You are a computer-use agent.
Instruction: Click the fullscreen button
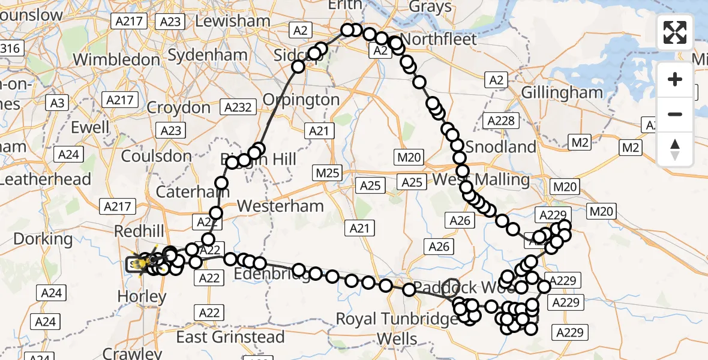point(675,32)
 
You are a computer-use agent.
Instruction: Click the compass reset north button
point(675,149)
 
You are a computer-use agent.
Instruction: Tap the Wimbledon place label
point(116,60)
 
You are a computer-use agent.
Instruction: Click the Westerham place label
point(280,206)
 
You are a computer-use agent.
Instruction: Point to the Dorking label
point(43,239)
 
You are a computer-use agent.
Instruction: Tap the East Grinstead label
point(230,337)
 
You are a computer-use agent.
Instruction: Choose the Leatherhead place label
point(46,179)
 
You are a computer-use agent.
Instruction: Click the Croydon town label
point(179,108)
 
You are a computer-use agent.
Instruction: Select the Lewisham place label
point(232,20)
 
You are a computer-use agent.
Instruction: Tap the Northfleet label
point(439,40)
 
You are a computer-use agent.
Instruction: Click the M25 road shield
point(328,174)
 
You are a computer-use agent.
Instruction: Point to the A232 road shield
point(238,108)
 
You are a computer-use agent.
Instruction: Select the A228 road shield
point(500,121)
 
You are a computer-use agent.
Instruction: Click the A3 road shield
point(57,103)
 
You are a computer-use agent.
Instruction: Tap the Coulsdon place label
point(156,157)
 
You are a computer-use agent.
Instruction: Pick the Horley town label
point(142,296)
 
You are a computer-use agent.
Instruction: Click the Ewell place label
point(91,127)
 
